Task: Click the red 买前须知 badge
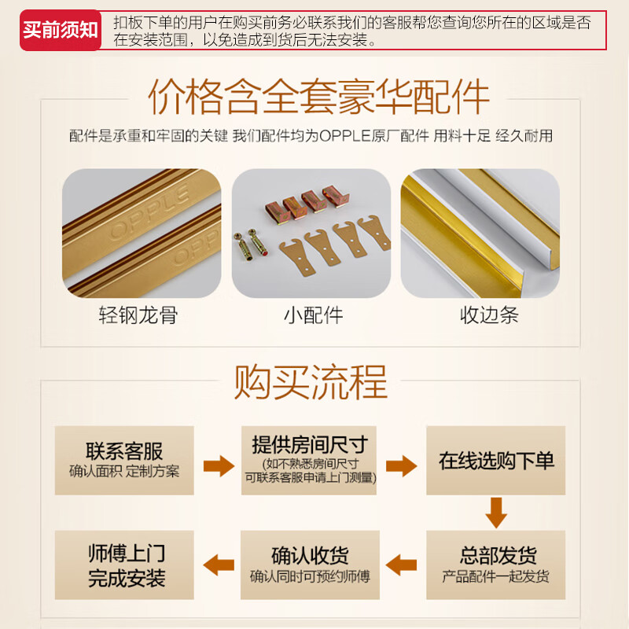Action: click(61, 31)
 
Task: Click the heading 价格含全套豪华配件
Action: click(319, 97)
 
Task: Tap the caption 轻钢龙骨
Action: click(138, 316)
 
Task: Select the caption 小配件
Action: click(313, 316)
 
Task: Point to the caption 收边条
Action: click(489, 316)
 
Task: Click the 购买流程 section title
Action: click(311, 383)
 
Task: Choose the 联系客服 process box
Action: click(124, 460)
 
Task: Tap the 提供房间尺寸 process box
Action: click(309, 460)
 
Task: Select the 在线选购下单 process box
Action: click(496, 461)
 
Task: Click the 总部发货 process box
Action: click(496, 565)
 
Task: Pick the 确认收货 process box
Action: click(310, 565)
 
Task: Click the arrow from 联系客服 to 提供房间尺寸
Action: click(219, 466)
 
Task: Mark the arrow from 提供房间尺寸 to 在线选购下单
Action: click(401, 466)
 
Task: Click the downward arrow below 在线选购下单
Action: click(496, 512)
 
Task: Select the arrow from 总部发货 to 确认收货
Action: click(402, 564)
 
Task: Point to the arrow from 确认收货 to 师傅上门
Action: click(219, 564)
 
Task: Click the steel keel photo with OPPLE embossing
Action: click(142, 234)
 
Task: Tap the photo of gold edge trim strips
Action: click(480, 234)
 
